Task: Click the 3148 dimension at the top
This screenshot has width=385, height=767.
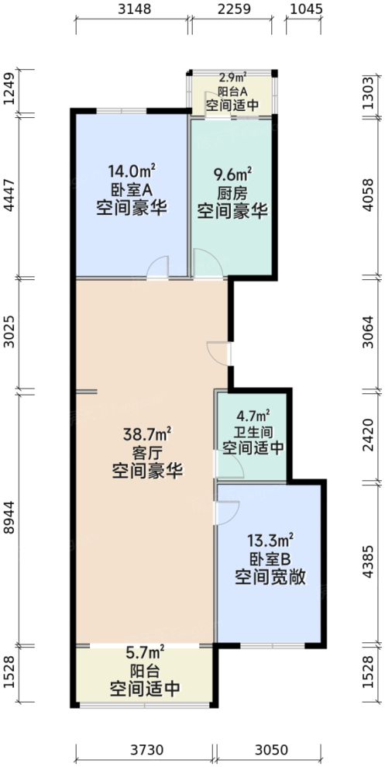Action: click(x=132, y=10)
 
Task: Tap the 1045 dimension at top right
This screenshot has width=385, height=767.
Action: click(x=304, y=10)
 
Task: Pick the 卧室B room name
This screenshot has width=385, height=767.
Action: click(x=270, y=558)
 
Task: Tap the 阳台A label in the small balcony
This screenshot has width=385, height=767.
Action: click(x=232, y=90)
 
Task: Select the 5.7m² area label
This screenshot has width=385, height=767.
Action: click(x=146, y=653)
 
